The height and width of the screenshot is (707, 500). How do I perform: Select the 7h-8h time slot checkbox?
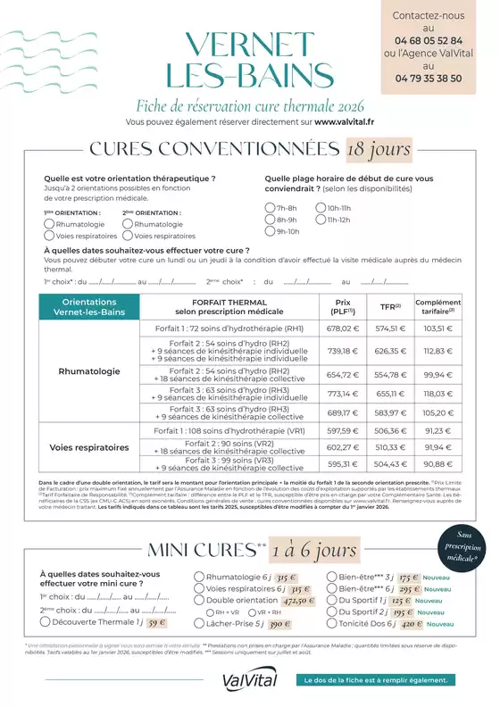pyautogui.click(x=270, y=208)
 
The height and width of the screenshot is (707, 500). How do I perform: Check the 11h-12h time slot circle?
pyautogui.click(x=321, y=220)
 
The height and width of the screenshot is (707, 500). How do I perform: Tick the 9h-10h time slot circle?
pyautogui.click(x=270, y=231)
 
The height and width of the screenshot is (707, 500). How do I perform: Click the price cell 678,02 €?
pyautogui.click(x=343, y=329)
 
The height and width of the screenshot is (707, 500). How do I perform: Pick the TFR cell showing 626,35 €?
pyautogui.click(x=390, y=351)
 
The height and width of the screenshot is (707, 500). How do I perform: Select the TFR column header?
pyautogui.click(x=390, y=304)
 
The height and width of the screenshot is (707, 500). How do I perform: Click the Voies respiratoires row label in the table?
pyautogui.click(x=89, y=447)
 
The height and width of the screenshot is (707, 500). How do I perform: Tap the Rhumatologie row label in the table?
pyautogui.click(x=89, y=370)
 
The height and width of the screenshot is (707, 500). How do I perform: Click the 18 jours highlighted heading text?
pyautogui.click(x=379, y=148)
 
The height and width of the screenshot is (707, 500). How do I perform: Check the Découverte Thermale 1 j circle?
pyautogui.click(x=46, y=623)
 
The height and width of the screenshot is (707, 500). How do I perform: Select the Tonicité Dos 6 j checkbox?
pyautogui.click(x=332, y=623)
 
